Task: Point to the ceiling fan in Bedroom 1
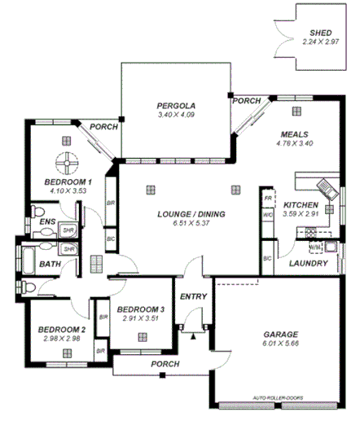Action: click(x=68, y=157)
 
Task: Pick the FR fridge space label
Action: click(x=267, y=199)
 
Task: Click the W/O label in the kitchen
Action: click(x=267, y=216)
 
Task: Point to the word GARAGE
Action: click(x=280, y=335)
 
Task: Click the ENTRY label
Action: click(x=193, y=296)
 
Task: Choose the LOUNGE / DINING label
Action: click(x=191, y=214)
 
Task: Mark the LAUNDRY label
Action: click(x=309, y=264)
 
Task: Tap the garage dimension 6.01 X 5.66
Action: click(x=280, y=344)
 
